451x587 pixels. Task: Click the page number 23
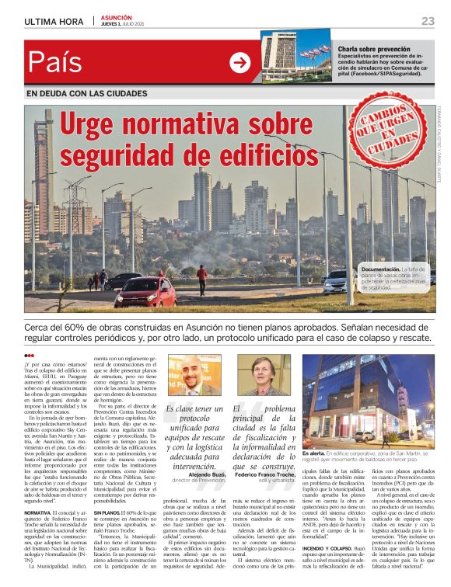pyautogui.click(x=428, y=21)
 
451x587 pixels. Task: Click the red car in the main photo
pyautogui.click(x=144, y=293)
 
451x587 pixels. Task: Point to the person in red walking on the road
pyautogui.click(x=202, y=279)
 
